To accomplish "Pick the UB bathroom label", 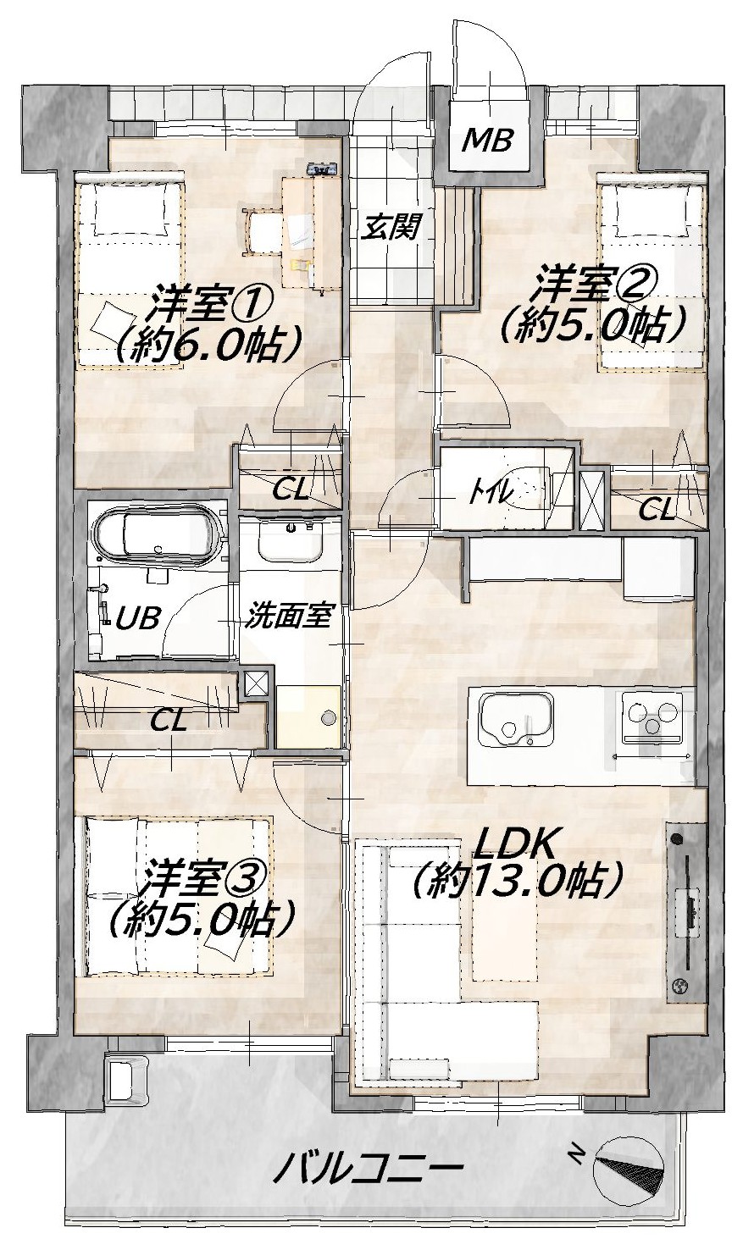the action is tap(137, 618).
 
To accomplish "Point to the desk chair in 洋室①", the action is tap(262, 229).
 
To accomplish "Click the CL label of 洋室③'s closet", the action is tap(168, 722).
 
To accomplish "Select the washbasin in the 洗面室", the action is tap(291, 542).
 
